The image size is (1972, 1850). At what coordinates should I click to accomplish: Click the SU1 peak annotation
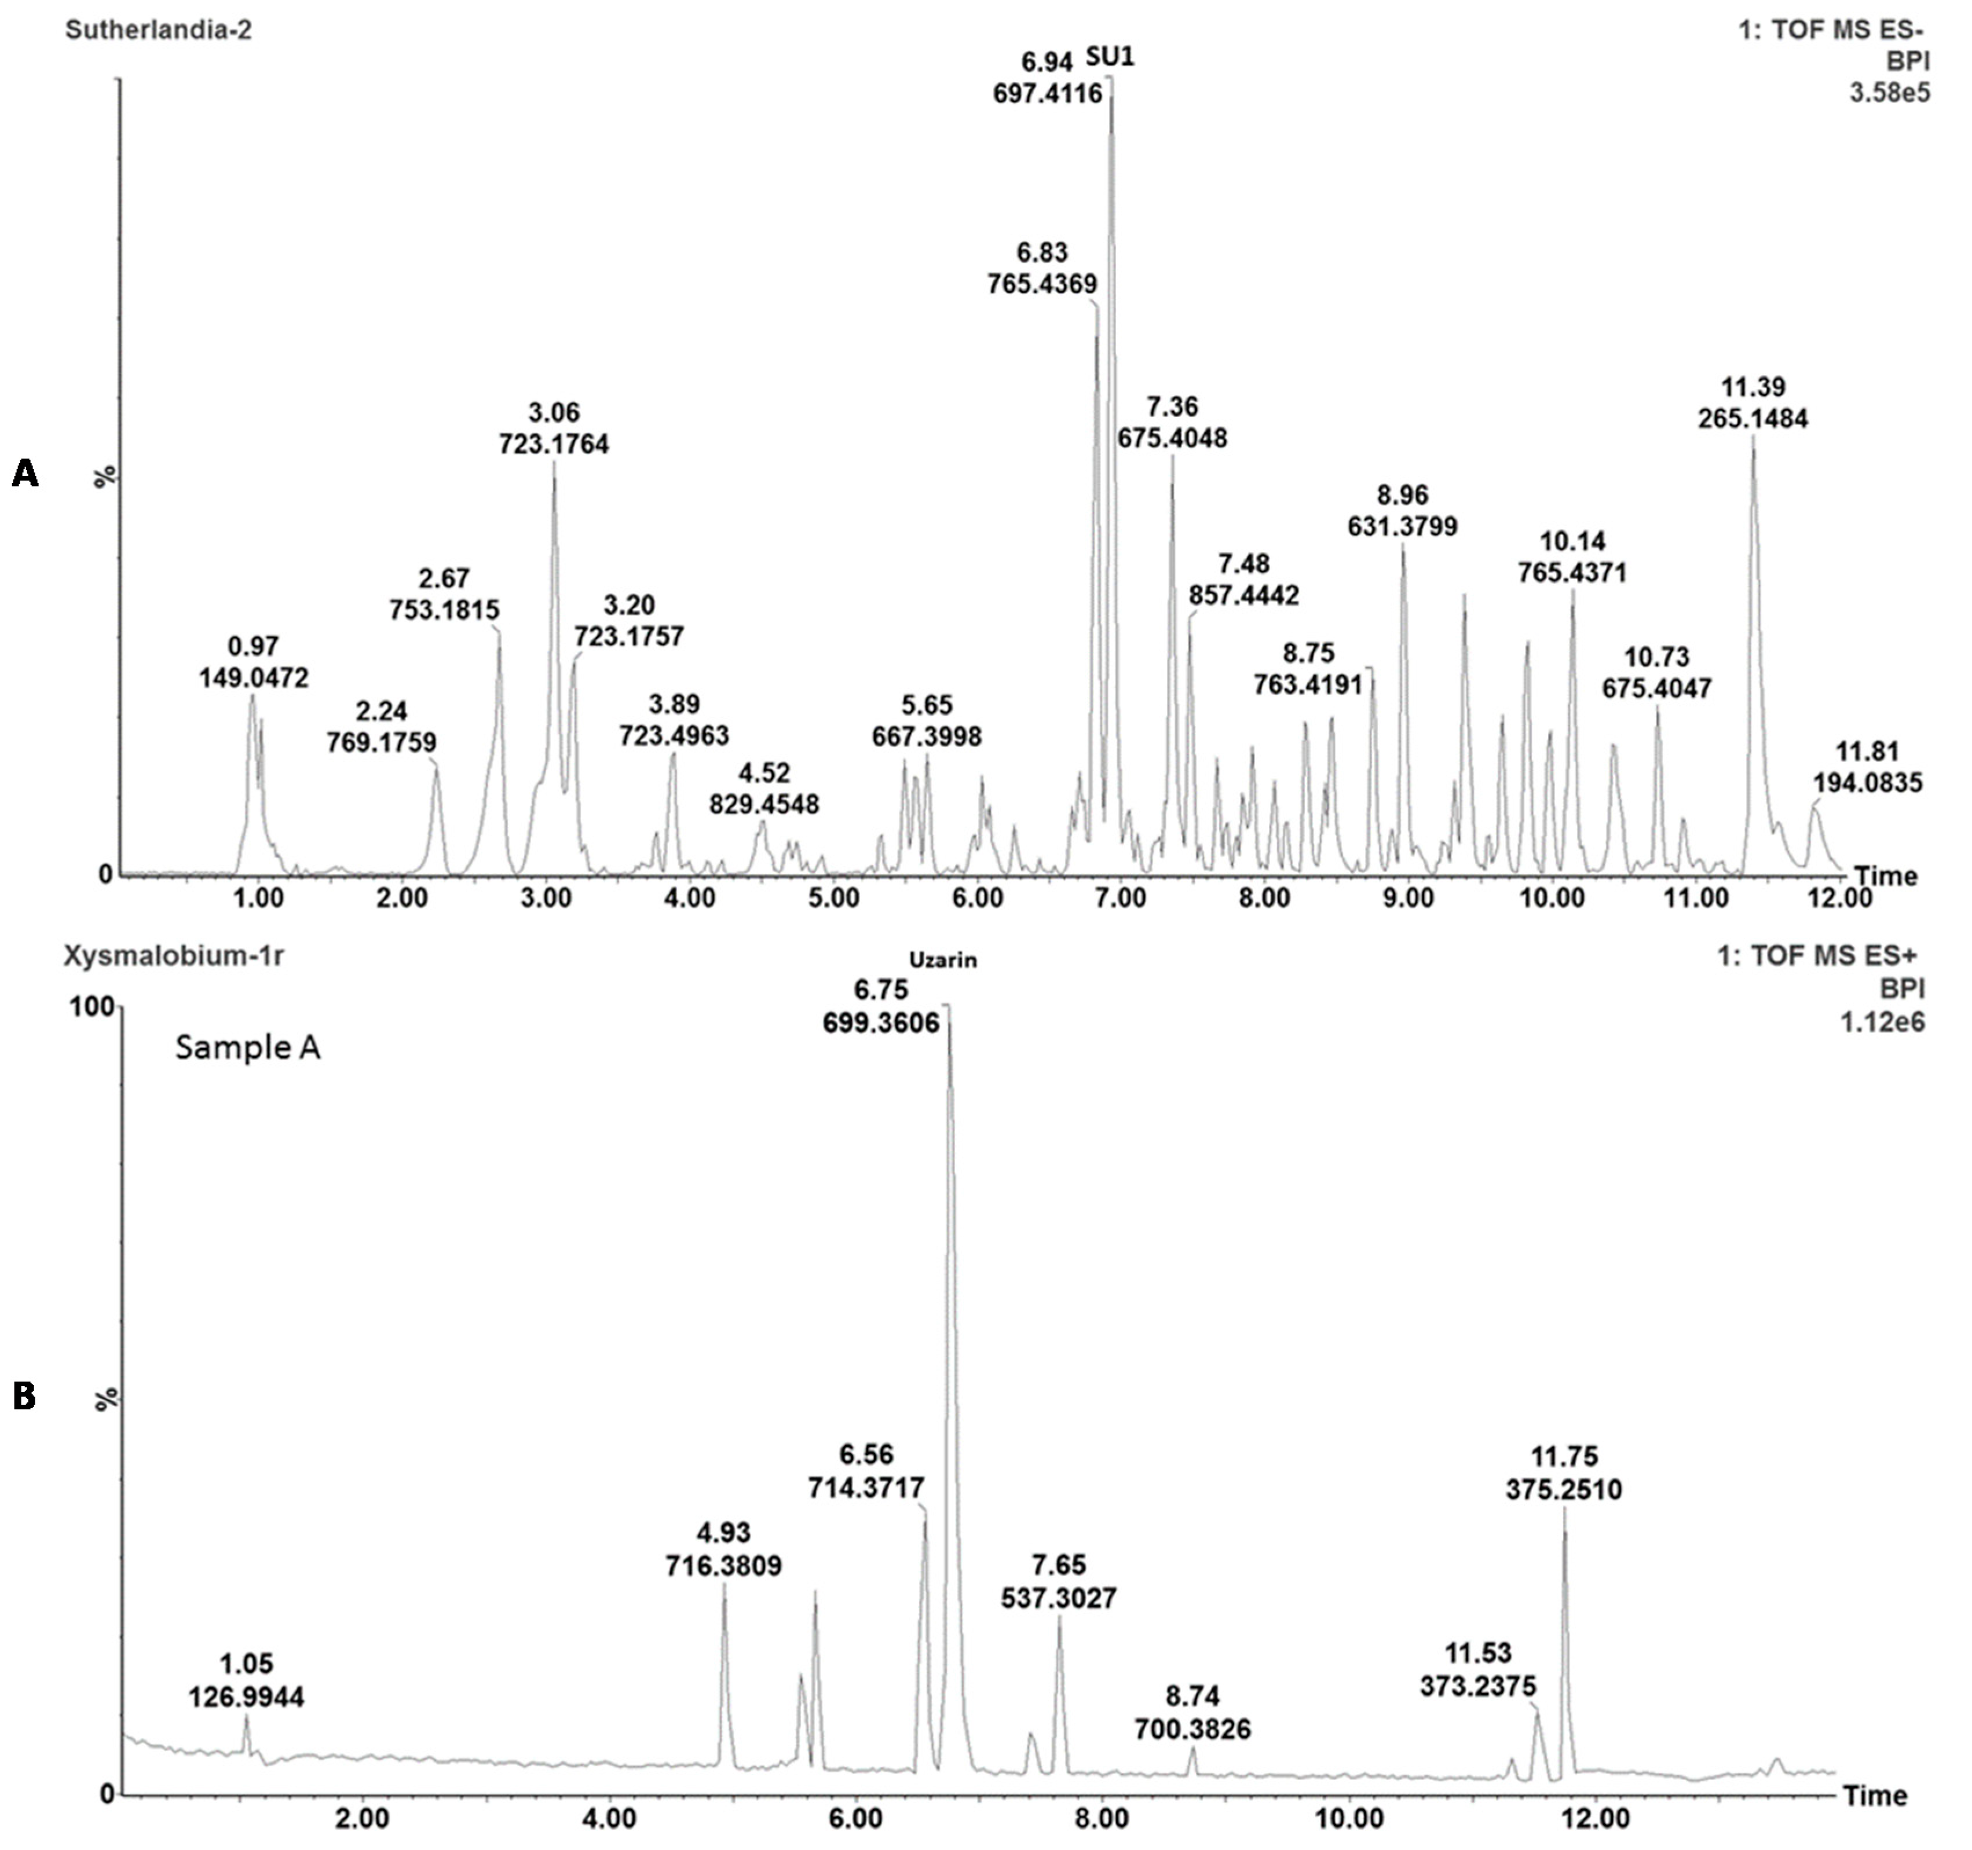[x=1110, y=57]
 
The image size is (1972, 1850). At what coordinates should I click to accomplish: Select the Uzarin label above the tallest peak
[x=943, y=959]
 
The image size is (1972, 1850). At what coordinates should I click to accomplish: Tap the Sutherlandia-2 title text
[x=159, y=30]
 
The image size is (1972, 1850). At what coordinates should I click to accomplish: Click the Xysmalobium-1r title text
[x=174, y=955]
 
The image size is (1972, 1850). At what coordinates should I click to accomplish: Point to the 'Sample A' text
[x=248, y=1047]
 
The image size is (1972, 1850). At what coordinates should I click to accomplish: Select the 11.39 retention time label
[x=1753, y=387]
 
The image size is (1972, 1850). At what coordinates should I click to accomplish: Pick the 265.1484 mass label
[x=1753, y=419]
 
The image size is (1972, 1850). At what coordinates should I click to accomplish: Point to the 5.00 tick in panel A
[x=833, y=899]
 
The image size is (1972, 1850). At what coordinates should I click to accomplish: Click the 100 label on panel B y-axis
[x=90, y=1007]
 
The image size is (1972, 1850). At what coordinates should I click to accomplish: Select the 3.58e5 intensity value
[x=1890, y=93]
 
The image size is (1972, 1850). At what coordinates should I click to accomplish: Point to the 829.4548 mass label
[x=764, y=804]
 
